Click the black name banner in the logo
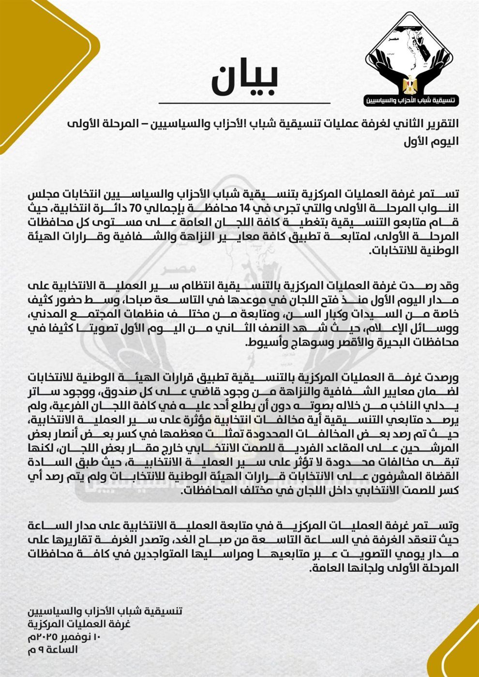point(411,101)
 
